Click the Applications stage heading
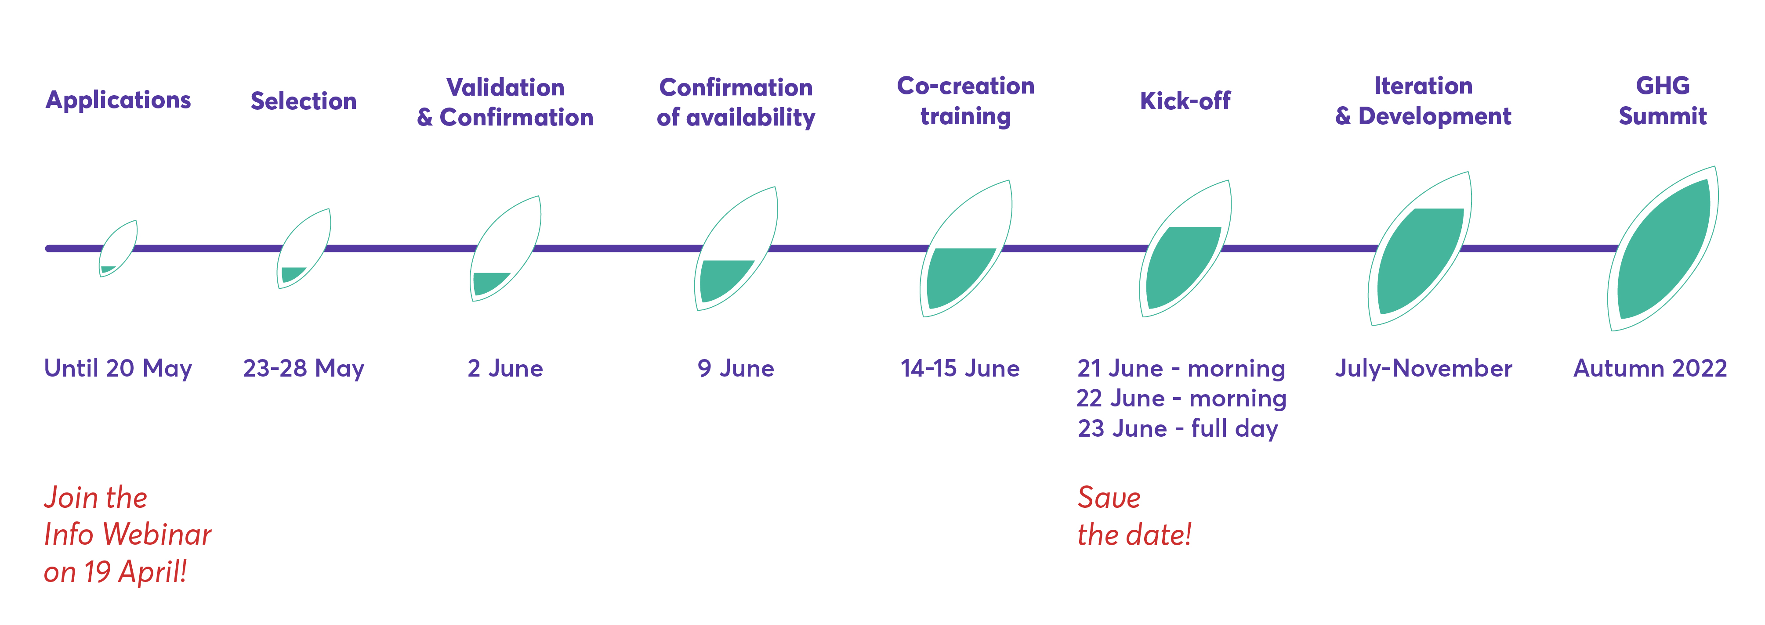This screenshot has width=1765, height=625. [118, 101]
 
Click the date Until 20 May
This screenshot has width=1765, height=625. [118, 368]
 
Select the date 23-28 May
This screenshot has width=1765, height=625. [304, 368]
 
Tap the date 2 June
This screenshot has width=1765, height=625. [505, 368]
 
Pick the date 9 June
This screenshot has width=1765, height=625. [736, 368]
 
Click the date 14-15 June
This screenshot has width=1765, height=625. [960, 368]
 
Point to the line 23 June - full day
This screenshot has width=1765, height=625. [1178, 428]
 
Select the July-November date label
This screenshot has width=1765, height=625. [1423, 368]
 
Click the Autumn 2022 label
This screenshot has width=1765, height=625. [1650, 368]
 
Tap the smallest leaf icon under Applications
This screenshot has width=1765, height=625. [118, 248]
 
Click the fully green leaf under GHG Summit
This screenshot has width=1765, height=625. [1663, 248]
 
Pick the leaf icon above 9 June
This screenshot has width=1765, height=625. [736, 248]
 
